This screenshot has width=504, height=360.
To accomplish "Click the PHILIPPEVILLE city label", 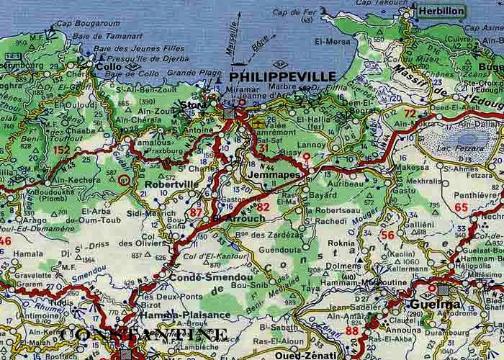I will (x=282, y=76).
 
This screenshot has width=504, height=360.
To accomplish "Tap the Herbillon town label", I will (x=439, y=13).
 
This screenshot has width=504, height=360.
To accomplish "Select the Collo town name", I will (x=109, y=67).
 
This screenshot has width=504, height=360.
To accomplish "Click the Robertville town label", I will (x=171, y=184).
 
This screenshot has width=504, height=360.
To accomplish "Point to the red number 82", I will (x=264, y=207).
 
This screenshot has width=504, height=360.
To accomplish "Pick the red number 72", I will (x=410, y=114).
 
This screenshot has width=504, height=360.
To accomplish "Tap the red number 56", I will (x=387, y=235).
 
